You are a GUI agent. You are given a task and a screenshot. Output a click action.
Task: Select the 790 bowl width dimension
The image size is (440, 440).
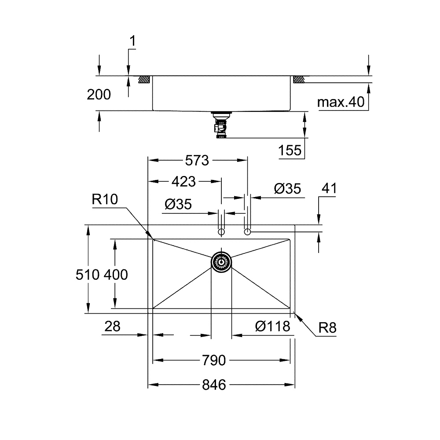click(215, 361)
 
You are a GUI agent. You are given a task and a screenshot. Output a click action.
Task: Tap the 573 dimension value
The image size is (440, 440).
click(196, 161)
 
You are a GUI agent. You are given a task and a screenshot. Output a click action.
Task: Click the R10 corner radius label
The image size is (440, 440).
click(105, 200)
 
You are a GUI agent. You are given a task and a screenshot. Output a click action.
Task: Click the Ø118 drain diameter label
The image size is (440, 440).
click(273, 326)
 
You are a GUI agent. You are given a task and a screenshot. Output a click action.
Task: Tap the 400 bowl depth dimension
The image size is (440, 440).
click(116, 275)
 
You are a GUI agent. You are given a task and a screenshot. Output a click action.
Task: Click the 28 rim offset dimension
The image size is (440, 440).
click(113, 326)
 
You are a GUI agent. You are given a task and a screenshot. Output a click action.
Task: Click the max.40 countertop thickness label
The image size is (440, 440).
click(341, 103)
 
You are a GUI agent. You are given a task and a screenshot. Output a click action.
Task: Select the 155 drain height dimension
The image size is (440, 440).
click(290, 151)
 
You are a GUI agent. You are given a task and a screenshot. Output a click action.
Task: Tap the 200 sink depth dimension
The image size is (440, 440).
click(99, 94)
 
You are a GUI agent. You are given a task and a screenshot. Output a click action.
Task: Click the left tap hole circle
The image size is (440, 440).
click(222, 231)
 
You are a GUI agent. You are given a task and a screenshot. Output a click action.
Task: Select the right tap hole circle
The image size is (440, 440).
click(248, 231)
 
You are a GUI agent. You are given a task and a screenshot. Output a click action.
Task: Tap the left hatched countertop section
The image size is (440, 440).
click(144, 80)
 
